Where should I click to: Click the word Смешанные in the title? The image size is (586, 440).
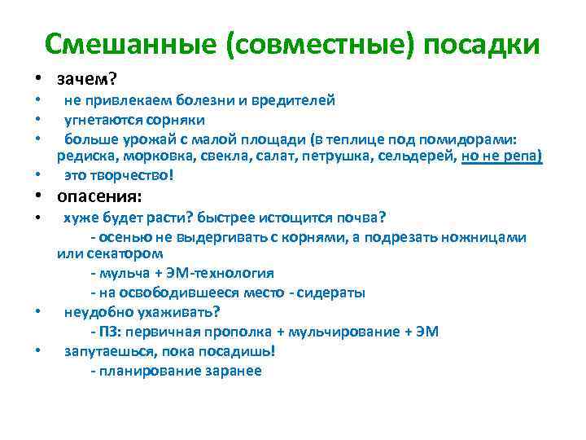point(133,45)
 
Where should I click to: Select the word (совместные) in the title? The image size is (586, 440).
point(322,45)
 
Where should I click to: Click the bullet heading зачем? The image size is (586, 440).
point(87,79)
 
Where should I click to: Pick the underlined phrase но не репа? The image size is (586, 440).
point(501,156)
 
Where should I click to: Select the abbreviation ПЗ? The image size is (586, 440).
point(112,332)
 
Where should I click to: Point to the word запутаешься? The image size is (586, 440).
point(111,351)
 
